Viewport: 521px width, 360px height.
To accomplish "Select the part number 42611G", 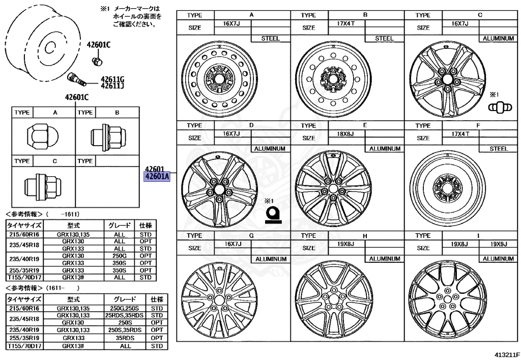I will pyautogui.click(x=112, y=79).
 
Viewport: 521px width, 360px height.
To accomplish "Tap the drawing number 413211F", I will pyautogui.click(x=503, y=353).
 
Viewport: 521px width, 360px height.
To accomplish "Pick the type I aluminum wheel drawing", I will pyautogui.click(x=448, y=301).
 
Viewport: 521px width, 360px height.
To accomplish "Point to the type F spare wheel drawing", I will pyautogui.click(x=448, y=189).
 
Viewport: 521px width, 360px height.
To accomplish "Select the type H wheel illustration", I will pyautogui.click(x=333, y=301).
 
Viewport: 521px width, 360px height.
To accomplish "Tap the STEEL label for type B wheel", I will pyautogui.click(x=384, y=38).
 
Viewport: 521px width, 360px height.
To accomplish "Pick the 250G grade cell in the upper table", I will pyautogui.click(x=120, y=256).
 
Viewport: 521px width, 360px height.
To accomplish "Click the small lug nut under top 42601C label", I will pyautogui.click(x=97, y=62).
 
